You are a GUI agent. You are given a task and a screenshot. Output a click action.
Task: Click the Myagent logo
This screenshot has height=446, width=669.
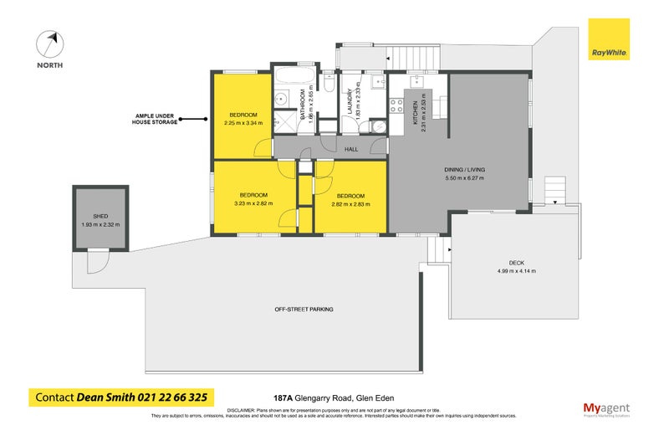coord(606,409)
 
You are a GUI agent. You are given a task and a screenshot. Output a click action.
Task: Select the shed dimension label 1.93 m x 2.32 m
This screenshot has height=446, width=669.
coord(100,224)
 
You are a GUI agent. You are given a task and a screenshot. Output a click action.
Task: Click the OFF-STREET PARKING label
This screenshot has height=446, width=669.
coord(304,310)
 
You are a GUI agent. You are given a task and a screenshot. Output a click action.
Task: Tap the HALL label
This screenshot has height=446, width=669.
coord(353,149)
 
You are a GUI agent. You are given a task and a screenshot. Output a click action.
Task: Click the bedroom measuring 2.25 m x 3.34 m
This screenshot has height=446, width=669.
coord(243,119)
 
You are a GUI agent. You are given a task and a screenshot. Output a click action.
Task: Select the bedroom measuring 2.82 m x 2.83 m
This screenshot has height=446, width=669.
coord(350,197)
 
